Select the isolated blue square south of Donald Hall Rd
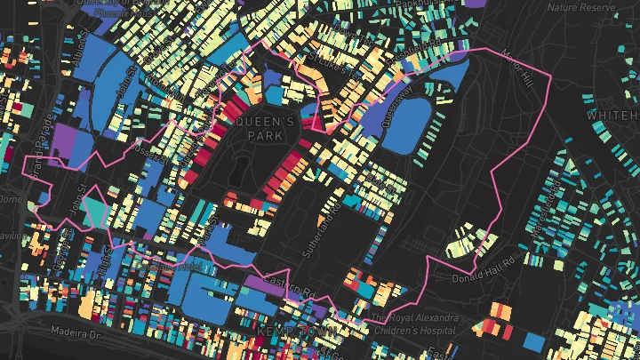534,341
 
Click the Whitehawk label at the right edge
613,116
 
